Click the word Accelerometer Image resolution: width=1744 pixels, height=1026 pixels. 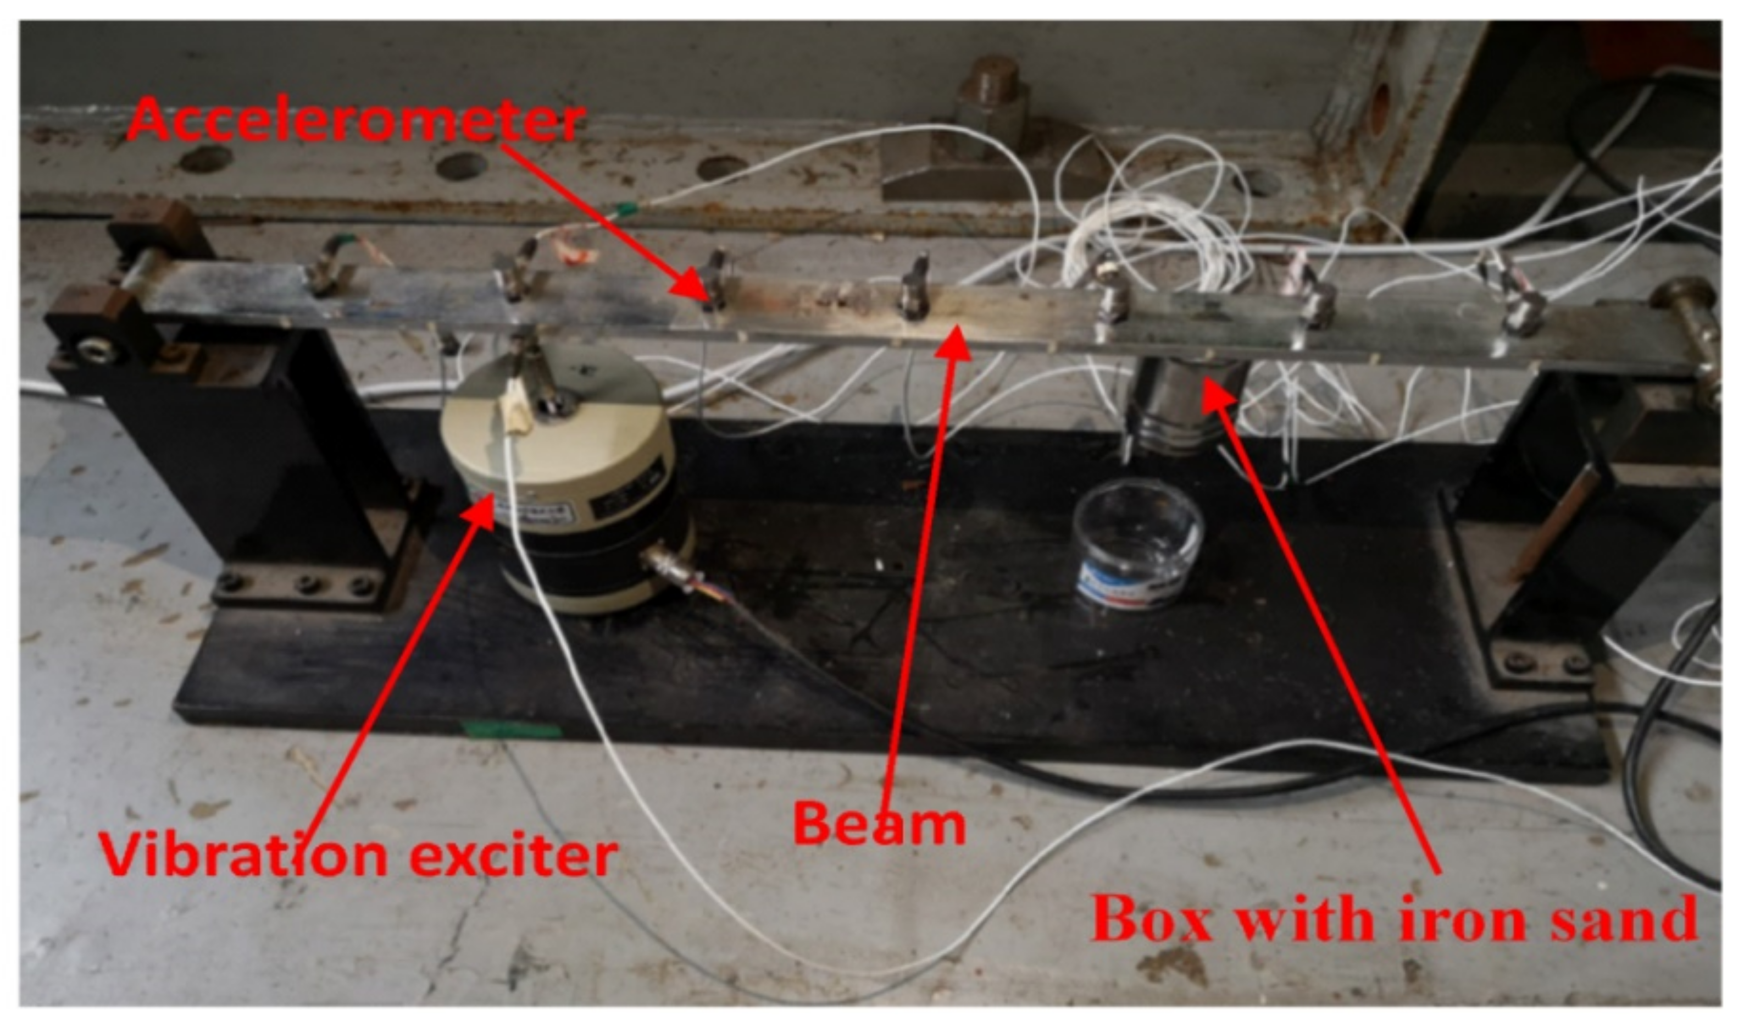(355, 121)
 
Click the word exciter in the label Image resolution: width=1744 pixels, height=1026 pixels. (512, 857)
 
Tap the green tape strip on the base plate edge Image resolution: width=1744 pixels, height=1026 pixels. (512, 730)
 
